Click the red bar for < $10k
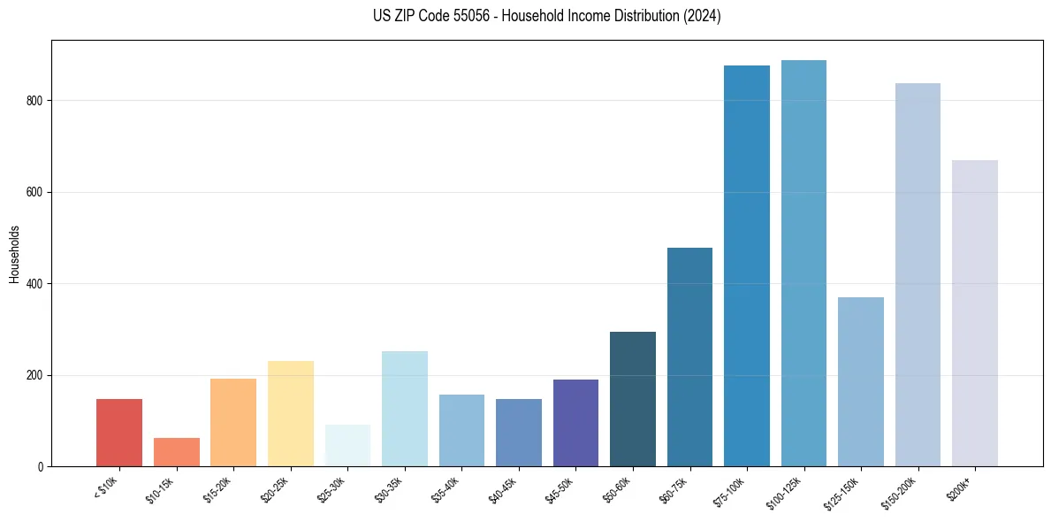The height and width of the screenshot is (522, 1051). click(x=119, y=433)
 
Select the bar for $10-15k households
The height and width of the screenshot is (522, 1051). click(x=177, y=452)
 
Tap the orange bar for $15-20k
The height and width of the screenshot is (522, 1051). click(x=233, y=423)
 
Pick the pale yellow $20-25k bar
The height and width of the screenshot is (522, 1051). click(x=291, y=414)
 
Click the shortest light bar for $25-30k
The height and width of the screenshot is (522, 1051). click(x=347, y=446)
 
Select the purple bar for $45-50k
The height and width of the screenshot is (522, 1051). click(x=575, y=423)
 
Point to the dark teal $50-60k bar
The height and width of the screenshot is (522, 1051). click(x=633, y=399)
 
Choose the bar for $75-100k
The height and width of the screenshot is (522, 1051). click(x=747, y=265)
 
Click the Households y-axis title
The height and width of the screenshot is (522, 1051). click(x=15, y=254)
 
